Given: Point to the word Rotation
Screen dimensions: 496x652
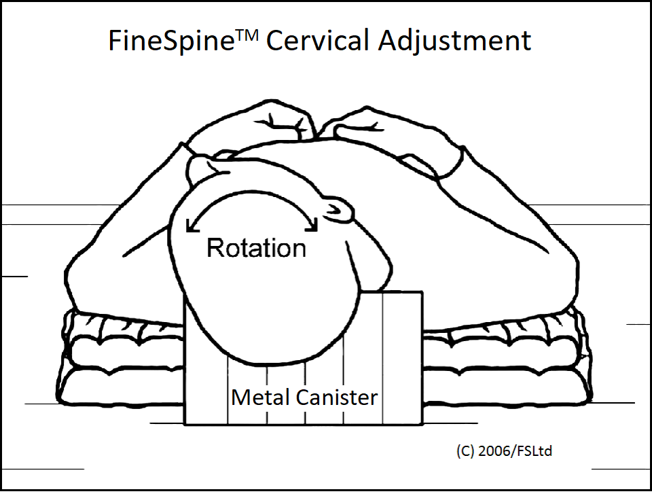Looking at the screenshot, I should (256, 248).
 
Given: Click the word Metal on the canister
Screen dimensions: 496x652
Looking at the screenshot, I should (258, 397).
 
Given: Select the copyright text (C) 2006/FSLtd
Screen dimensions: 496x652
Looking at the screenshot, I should (504, 451).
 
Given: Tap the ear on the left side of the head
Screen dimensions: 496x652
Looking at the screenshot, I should (204, 166).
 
